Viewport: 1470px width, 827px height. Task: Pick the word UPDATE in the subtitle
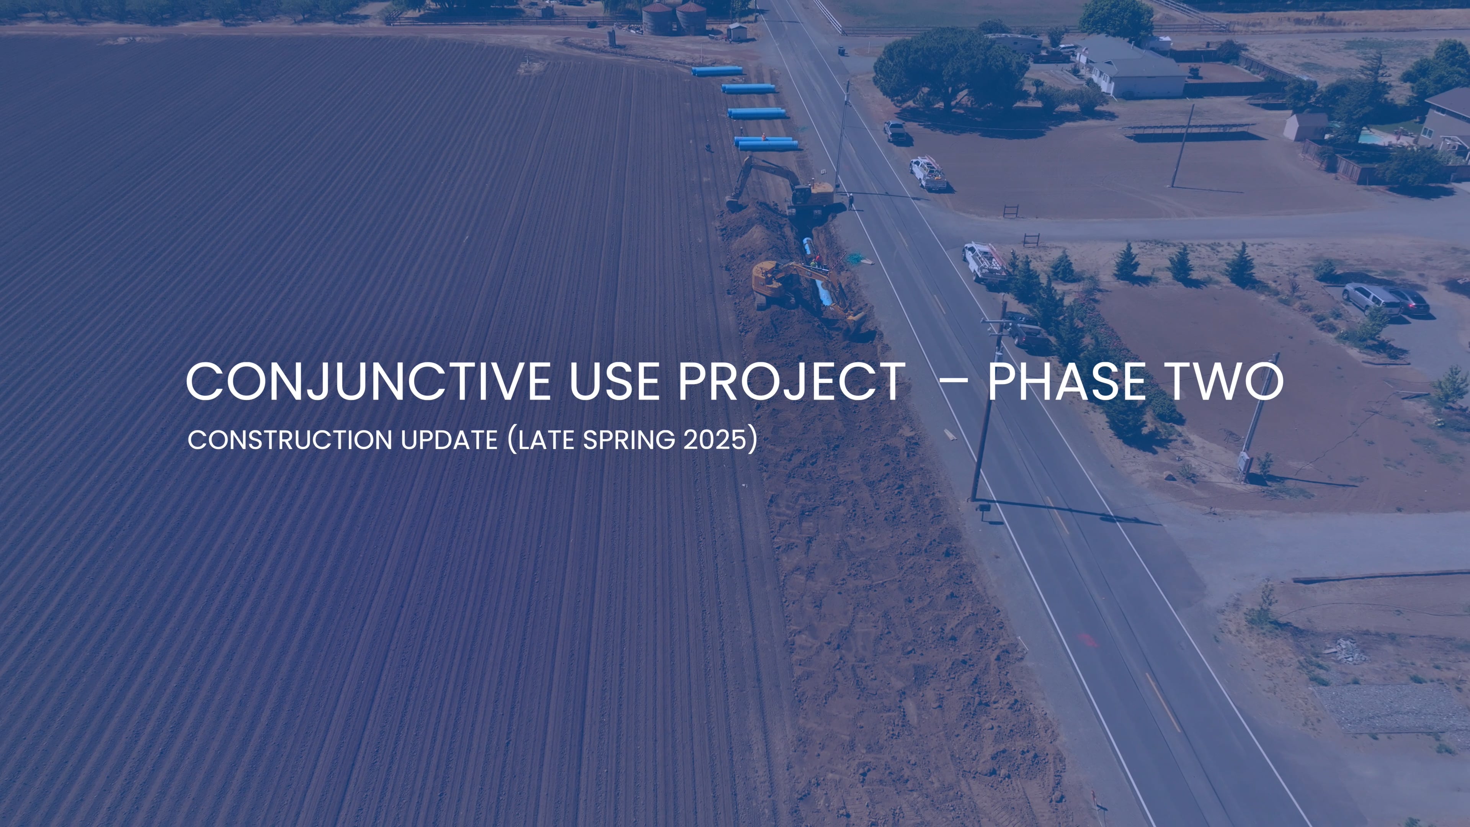tap(449, 440)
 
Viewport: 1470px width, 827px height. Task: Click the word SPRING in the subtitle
tap(629, 440)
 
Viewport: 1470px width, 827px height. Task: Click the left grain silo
tap(657, 18)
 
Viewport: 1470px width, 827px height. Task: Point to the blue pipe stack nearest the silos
tap(717, 71)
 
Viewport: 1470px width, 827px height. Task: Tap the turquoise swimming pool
tap(1370, 137)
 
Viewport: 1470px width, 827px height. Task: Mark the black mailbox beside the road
tap(984, 508)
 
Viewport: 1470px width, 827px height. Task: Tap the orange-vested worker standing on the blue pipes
tap(764, 137)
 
